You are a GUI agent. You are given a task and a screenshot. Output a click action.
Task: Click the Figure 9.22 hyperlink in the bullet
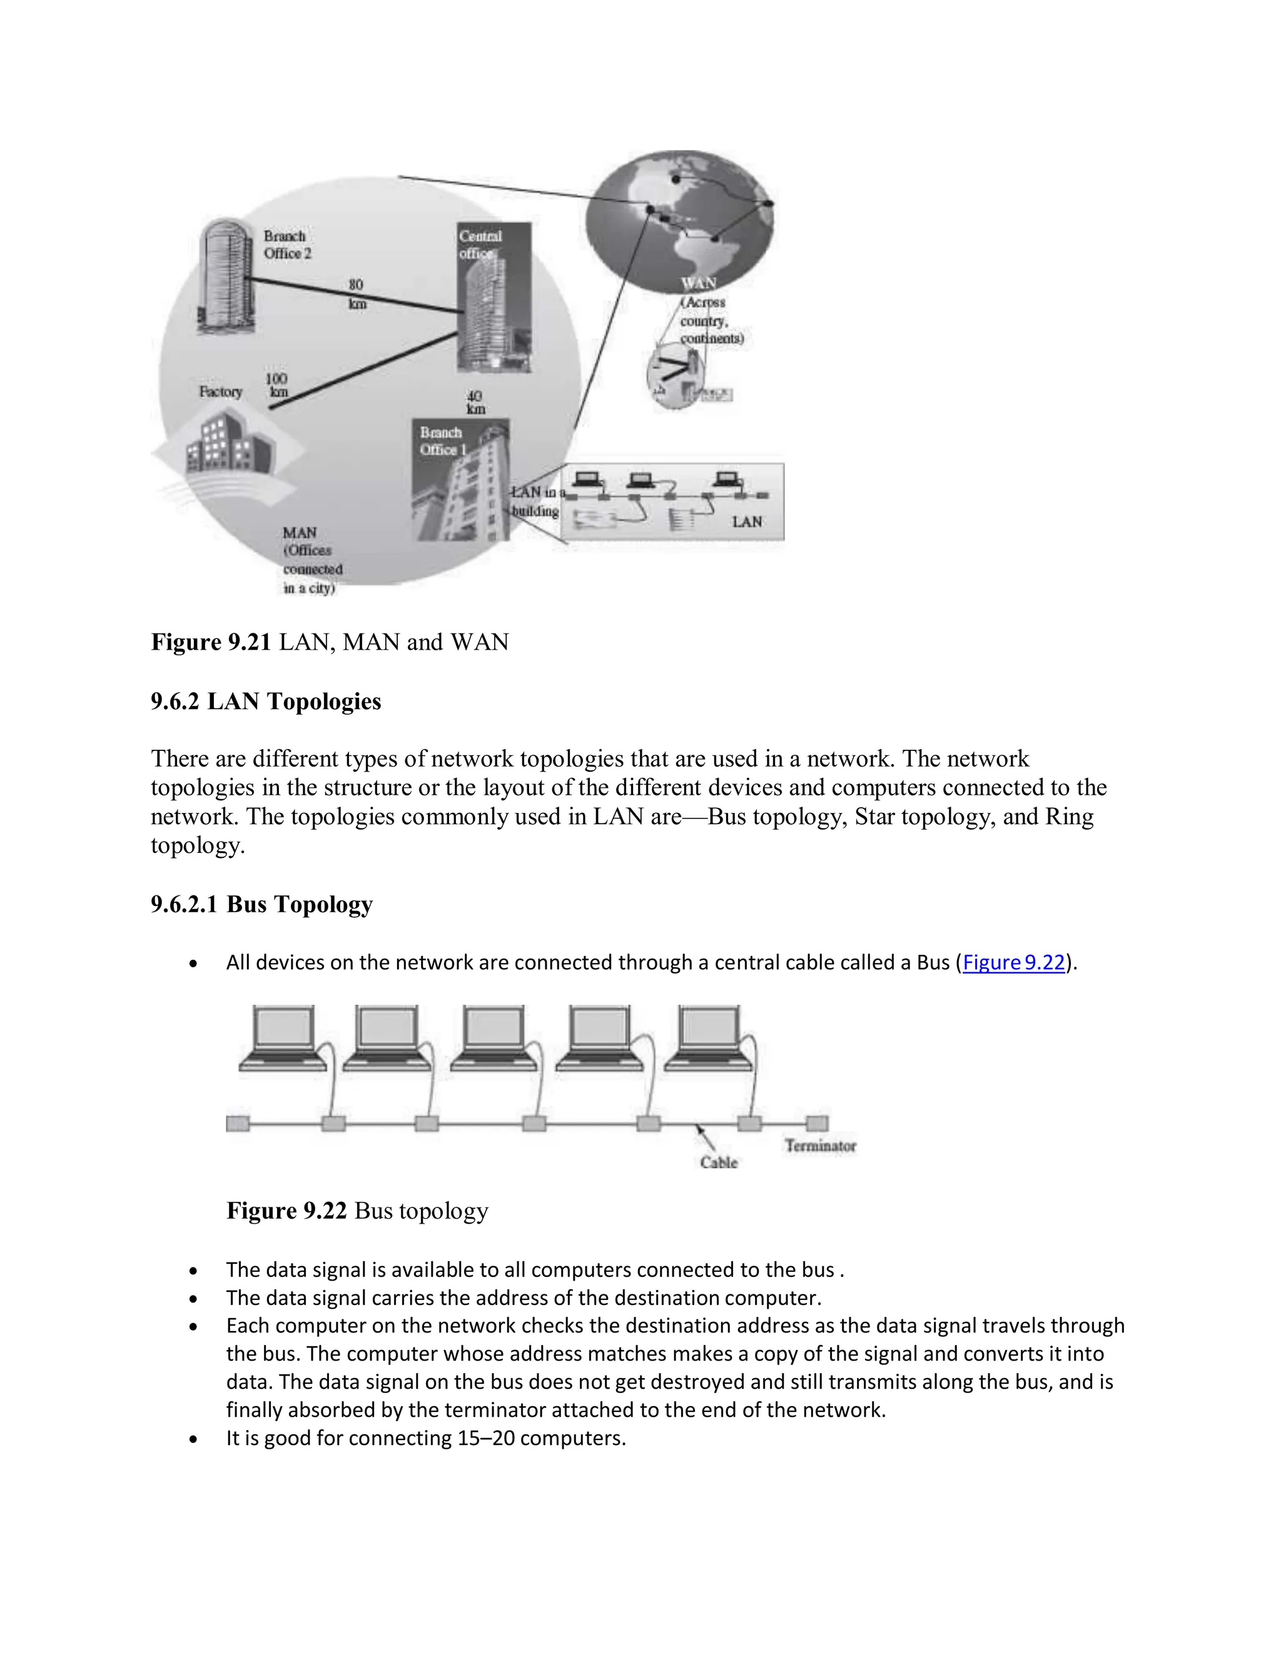pyautogui.click(x=1013, y=963)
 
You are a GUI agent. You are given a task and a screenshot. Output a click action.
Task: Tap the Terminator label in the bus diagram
pyautogui.click(x=821, y=1146)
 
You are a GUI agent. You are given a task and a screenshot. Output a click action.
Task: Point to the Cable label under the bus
pyautogui.click(x=718, y=1162)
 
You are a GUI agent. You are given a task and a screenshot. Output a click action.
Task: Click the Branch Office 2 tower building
pyautogui.click(x=225, y=277)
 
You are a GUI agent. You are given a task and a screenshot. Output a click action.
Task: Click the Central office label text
pyautogui.click(x=480, y=244)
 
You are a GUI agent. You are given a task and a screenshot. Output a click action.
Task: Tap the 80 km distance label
pyautogui.click(x=357, y=294)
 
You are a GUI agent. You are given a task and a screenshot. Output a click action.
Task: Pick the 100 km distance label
pyautogui.click(x=277, y=385)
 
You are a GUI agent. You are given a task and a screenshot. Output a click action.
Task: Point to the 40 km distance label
pyautogui.click(x=475, y=402)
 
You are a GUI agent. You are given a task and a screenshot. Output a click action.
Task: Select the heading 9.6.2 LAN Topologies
pyautogui.click(x=266, y=701)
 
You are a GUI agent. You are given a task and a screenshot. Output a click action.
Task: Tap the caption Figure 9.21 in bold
pyautogui.click(x=211, y=642)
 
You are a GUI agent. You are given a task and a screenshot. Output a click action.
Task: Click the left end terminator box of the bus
pyautogui.click(x=238, y=1123)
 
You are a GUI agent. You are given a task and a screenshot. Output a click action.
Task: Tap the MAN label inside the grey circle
pyautogui.click(x=300, y=533)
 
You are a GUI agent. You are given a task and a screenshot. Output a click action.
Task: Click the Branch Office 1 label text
pyautogui.click(x=442, y=441)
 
